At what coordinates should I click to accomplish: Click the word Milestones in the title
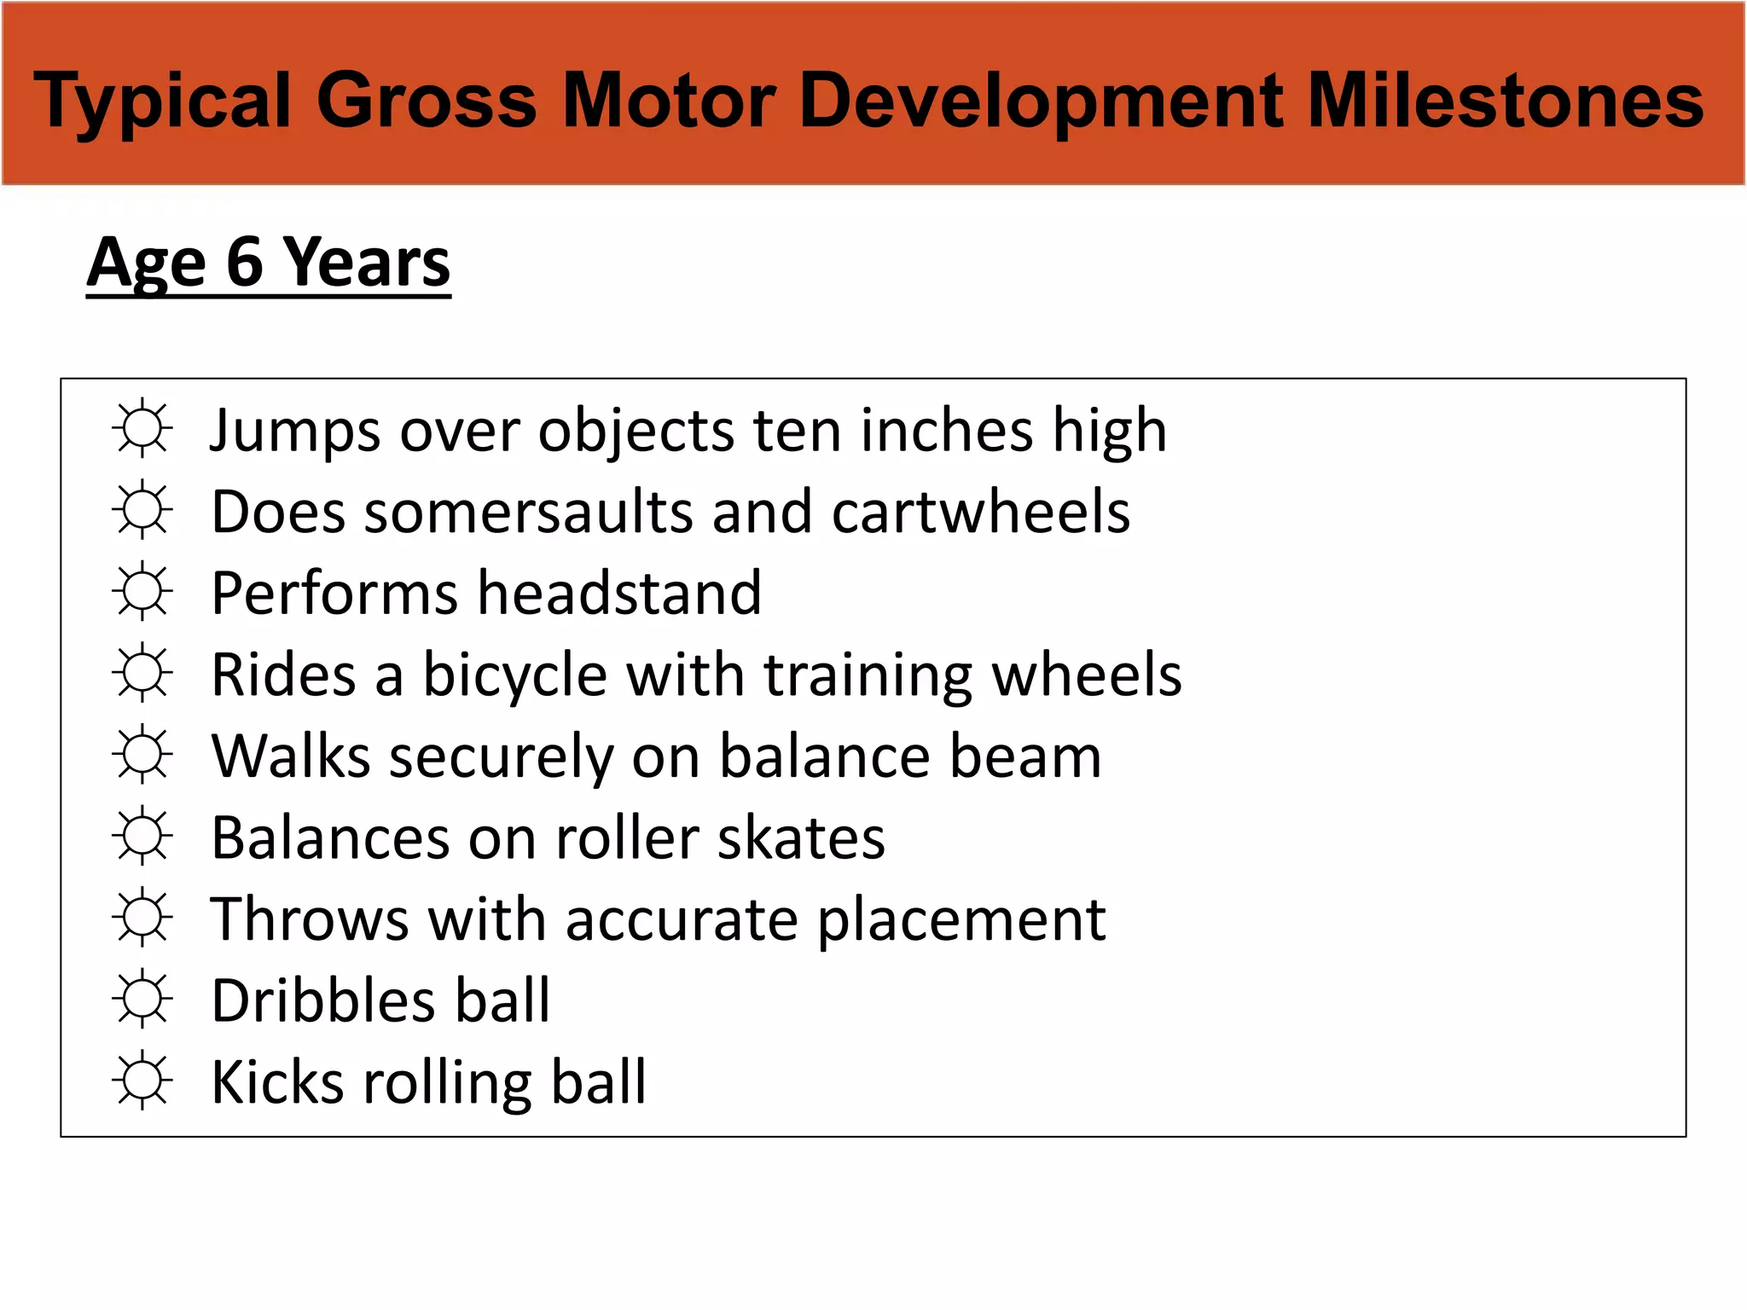(x=1505, y=101)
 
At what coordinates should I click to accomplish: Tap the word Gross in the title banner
(x=427, y=101)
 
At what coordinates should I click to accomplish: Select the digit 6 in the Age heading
(x=245, y=262)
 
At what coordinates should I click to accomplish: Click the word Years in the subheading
(x=366, y=262)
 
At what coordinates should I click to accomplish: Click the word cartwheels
(x=981, y=513)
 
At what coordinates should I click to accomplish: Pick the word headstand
(x=619, y=594)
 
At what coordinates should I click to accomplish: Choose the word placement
(x=961, y=920)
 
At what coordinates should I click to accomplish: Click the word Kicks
(x=278, y=1082)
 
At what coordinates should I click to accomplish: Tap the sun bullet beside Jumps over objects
(x=142, y=428)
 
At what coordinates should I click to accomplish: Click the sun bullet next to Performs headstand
(x=142, y=591)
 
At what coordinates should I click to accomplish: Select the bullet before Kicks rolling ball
(x=142, y=1080)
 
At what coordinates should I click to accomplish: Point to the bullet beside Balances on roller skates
(x=142, y=836)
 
